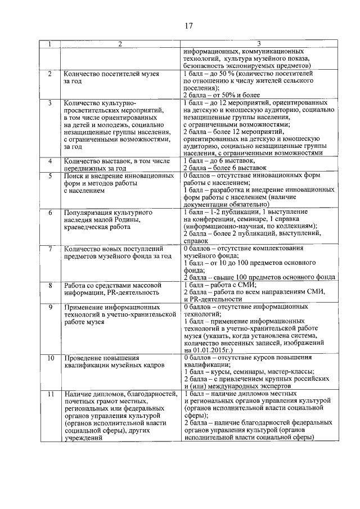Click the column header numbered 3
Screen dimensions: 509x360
(x=259, y=44)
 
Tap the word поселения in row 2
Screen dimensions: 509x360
(x=201, y=88)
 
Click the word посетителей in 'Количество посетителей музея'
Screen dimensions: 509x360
(x=119, y=74)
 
